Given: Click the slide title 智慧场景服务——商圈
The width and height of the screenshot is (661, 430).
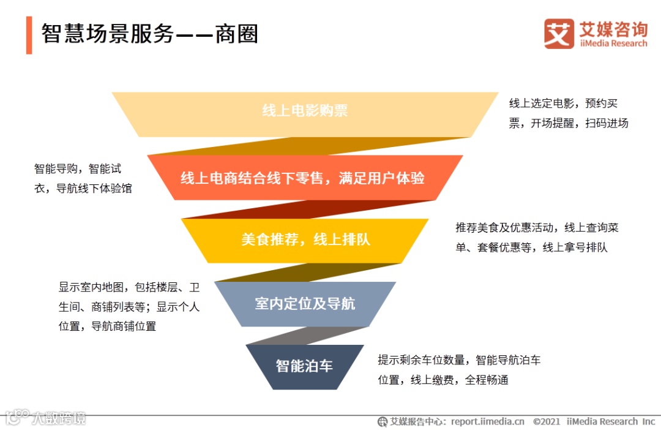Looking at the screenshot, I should tap(149, 34).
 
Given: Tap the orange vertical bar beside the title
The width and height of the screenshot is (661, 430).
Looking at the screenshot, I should tap(29, 36).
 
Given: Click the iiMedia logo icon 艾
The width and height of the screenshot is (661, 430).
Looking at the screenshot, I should tap(559, 34).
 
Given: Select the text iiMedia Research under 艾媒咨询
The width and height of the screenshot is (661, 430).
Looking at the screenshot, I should tap(613, 43).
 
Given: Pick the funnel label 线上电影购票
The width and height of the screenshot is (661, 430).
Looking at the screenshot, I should tap(305, 111).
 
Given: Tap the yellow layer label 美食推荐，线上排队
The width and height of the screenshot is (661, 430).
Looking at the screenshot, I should tap(305, 240).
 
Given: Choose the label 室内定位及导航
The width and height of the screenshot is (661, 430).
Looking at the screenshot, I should tap(305, 304).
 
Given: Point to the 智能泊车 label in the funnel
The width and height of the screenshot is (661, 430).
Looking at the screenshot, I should tap(304, 366).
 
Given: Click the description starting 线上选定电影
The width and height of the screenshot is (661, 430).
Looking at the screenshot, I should tap(569, 113).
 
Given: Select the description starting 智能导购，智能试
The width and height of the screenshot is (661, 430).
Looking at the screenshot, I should tap(83, 178).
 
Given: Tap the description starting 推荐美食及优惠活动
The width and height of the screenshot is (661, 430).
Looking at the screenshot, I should tap(537, 238).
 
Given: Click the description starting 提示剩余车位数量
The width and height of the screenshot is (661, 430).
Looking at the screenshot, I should tap(459, 369).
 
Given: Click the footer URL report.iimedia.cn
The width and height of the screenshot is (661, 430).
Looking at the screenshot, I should tap(488, 421).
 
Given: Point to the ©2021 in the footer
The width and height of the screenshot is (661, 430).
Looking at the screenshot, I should tap(547, 421).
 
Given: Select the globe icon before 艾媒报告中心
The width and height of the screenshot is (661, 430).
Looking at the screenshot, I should tap(383, 421).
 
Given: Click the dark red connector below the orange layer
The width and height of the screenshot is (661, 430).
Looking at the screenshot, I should tap(306, 209).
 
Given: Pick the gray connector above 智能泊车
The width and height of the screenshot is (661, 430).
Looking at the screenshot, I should tap(306, 336).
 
